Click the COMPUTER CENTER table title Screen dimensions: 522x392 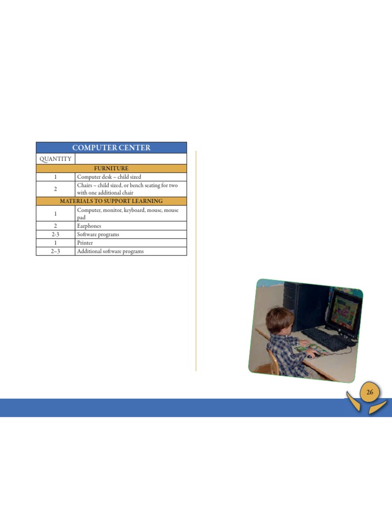[111, 148]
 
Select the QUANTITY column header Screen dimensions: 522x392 [55, 159]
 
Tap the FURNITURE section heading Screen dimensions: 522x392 [111, 168]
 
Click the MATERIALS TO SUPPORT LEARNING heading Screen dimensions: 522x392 [111, 201]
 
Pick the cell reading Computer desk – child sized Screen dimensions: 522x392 [109, 177]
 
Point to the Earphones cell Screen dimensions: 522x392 [89, 226]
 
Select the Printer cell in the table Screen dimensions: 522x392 [85, 243]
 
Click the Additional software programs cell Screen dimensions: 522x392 [110, 251]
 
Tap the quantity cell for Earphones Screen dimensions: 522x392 [55, 226]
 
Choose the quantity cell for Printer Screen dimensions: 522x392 [55, 243]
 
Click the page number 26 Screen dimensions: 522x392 [370, 392]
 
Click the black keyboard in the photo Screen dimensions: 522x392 [325, 338]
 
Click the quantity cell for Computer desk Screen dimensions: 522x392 [55, 177]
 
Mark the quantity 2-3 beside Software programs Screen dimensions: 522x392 [55, 234]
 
